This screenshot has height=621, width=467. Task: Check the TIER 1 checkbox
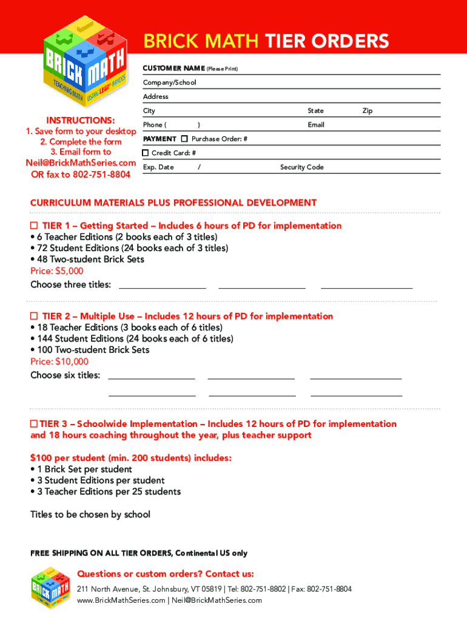(35, 226)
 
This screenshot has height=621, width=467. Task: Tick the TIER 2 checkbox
(35, 316)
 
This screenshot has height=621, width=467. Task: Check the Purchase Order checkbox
(184, 139)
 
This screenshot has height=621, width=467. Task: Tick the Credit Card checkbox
(146, 153)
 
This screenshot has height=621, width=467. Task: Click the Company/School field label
(169, 82)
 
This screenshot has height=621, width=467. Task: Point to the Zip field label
(367, 111)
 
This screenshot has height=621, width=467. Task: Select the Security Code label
(301, 167)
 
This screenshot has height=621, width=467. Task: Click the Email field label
(315, 125)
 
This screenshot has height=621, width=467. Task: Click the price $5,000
(57, 271)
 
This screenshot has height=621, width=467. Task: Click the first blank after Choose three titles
(162, 285)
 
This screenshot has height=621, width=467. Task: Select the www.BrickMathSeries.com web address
(121, 600)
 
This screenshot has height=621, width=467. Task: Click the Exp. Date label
(158, 167)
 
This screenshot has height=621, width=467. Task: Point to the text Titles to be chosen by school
(90, 514)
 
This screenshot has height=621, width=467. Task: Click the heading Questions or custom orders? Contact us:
(166, 574)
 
